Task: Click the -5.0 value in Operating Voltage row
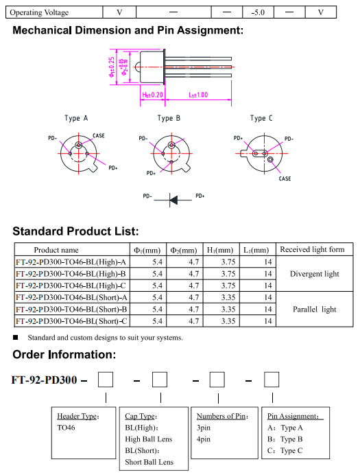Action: (x=258, y=12)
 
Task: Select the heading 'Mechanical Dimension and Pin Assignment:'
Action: (x=128, y=30)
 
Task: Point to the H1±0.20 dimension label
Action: (x=152, y=95)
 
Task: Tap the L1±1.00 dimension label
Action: (x=198, y=95)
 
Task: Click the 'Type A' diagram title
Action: (x=76, y=118)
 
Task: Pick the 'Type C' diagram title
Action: (x=261, y=118)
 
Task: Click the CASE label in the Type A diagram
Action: (x=99, y=135)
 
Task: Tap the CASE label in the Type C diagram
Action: (x=285, y=178)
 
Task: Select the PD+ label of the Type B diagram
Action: (x=151, y=173)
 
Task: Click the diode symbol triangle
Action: (x=173, y=200)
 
